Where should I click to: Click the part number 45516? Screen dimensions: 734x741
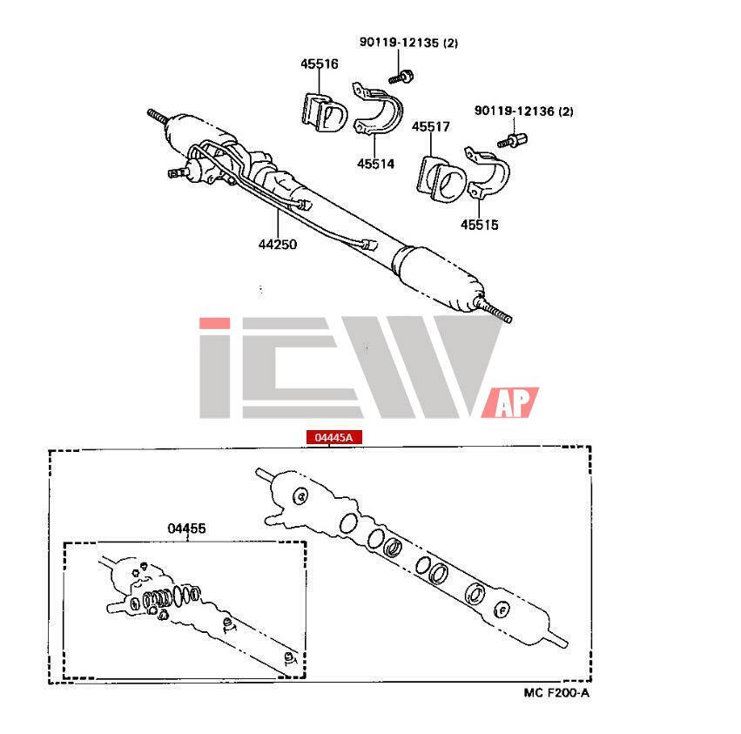click(x=320, y=64)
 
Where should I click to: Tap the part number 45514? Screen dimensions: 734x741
click(x=375, y=162)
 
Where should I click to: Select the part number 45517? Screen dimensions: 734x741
click(x=431, y=127)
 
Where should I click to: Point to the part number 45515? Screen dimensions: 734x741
click(x=480, y=225)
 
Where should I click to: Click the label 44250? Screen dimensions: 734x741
click(x=277, y=245)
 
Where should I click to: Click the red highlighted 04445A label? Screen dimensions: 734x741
click(x=327, y=437)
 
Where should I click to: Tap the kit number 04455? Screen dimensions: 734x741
click(x=186, y=529)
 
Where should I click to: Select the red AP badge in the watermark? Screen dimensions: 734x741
click(x=515, y=402)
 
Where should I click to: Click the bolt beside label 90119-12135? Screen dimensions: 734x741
click(x=401, y=77)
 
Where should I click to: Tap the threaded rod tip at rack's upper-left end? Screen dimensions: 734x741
click(x=158, y=115)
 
